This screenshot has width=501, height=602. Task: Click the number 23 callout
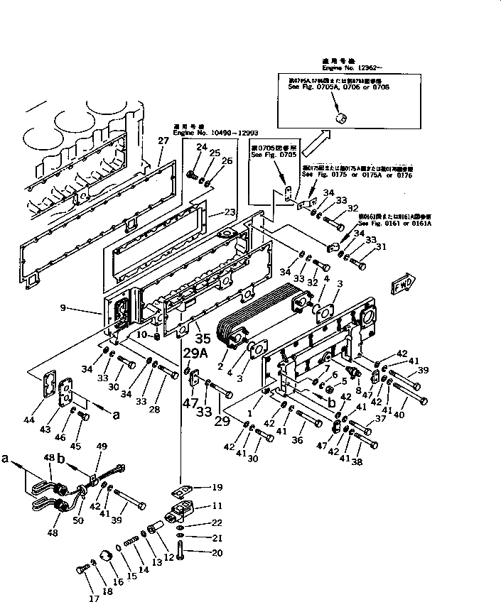point(229,212)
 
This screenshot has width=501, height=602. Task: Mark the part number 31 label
point(382,247)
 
